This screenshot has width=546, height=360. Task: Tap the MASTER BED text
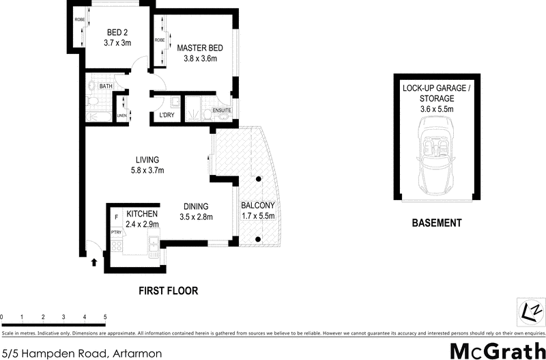(197, 48)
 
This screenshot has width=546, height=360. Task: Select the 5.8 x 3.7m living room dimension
(147, 171)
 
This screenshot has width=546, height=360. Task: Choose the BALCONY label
(258, 206)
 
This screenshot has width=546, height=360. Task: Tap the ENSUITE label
(222, 110)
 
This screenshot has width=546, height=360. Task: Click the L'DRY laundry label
(166, 115)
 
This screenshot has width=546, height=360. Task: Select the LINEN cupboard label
(122, 115)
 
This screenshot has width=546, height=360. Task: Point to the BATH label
(106, 87)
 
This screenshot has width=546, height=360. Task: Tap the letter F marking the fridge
(116, 217)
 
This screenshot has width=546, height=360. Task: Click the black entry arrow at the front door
(94, 260)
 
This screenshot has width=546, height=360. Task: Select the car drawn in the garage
(436, 154)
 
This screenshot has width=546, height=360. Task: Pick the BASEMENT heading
(436, 223)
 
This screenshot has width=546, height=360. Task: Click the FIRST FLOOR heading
(168, 290)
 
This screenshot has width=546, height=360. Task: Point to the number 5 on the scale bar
(105, 317)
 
